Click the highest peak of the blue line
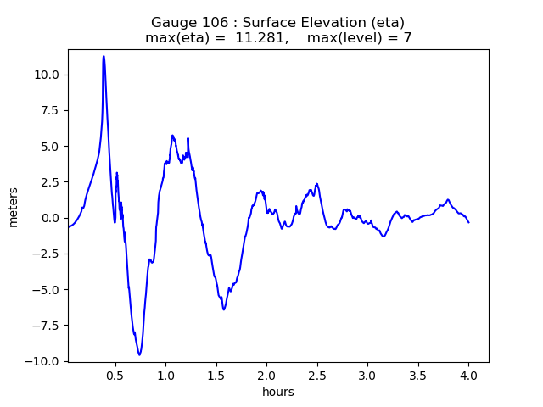click(104, 56)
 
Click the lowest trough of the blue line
click(139, 354)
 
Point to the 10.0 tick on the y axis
click(47, 75)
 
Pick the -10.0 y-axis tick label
click(43, 361)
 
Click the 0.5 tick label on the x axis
click(115, 375)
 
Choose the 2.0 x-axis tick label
click(266, 375)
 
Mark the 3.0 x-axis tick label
click(367, 375)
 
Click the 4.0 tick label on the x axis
click(468, 375)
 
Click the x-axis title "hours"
click(278, 392)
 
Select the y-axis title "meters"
click(14, 207)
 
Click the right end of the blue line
click(468, 222)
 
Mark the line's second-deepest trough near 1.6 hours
click(224, 309)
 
